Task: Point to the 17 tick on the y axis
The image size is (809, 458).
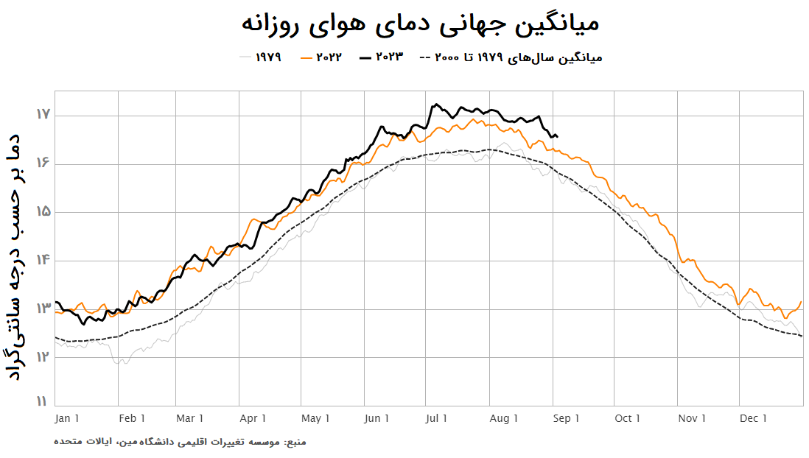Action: point(42,115)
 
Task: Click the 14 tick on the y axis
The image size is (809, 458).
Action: point(42,260)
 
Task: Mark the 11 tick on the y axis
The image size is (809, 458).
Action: point(42,402)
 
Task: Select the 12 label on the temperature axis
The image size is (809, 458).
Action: point(42,357)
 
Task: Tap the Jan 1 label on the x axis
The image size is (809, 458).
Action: point(67,419)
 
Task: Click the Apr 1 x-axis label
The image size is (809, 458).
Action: point(253,419)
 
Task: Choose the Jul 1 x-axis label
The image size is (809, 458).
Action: point(436,419)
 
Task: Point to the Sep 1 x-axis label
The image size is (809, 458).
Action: point(567,419)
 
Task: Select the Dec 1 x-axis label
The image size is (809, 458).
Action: point(754,419)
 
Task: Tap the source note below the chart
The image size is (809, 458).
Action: point(180,442)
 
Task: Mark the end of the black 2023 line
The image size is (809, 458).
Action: point(557,136)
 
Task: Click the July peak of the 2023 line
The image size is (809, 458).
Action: point(436,105)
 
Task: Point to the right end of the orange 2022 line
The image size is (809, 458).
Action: point(801,301)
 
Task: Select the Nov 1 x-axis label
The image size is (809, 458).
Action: point(693,419)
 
